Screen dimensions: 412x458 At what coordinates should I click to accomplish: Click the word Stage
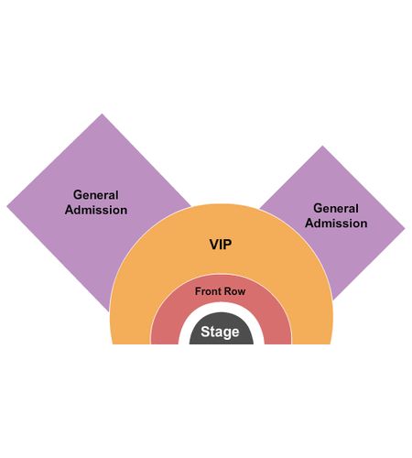[x=220, y=332]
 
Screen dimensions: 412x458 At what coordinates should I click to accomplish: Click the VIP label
[x=221, y=245]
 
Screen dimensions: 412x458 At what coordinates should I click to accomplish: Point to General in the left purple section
[x=96, y=195]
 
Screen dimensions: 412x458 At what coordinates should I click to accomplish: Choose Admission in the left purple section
[x=96, y=210]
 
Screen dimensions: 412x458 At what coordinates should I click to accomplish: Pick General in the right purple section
[x=336, y=208]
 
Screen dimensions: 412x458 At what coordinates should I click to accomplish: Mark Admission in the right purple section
[x=336, y=224]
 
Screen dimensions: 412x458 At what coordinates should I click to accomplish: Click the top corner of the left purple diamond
[x=102, y=114]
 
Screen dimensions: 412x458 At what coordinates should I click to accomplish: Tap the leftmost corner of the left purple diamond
[x=7, y=206]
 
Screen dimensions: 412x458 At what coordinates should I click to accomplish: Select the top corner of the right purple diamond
[x=322, y=146]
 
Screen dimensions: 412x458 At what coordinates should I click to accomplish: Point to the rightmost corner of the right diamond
[x=405, y=228]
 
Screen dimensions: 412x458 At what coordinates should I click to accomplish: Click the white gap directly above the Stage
[x=222, y=308]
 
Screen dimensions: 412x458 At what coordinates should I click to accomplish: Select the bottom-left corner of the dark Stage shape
[x=190, y=344]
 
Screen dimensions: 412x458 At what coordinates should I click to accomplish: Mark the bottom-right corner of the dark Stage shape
[x=253, y=344]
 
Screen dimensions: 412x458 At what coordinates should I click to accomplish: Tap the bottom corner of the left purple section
[x=109, y=311]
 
